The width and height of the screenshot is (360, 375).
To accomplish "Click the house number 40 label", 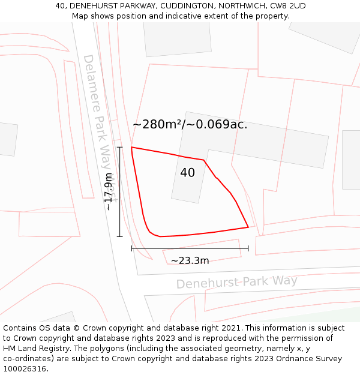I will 187,173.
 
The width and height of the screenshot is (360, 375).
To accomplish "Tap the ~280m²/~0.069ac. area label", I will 190,125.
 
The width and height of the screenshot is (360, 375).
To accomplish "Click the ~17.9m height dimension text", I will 109,191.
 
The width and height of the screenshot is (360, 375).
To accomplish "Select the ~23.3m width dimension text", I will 190,260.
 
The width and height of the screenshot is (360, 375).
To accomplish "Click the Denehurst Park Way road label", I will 236,282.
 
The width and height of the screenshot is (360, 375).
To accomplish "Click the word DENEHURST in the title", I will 89,6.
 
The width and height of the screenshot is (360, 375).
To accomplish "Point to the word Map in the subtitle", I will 80,16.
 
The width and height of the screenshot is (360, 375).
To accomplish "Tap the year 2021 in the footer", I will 230,328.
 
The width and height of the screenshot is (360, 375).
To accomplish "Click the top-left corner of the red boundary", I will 131,147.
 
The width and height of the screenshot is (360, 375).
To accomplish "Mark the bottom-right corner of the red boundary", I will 248,227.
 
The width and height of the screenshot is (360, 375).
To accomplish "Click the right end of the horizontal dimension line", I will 248,248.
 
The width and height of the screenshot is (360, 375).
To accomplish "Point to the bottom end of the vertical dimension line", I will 119,237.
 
